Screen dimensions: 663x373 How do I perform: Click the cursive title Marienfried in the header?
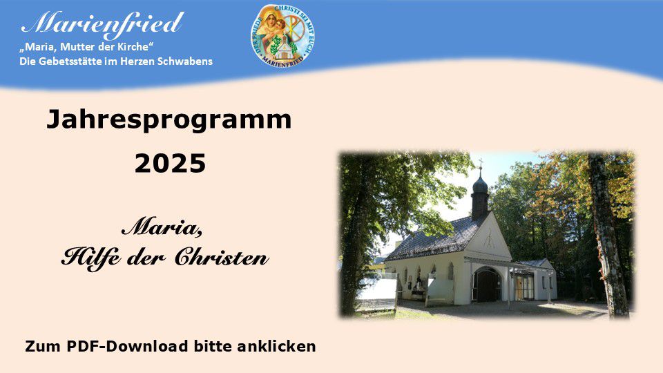tap(103, 24)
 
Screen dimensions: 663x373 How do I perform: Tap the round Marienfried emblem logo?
tap(282, 37)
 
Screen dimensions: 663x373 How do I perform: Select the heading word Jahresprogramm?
tap(169, 119)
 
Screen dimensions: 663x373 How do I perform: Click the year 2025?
tap(170, 164)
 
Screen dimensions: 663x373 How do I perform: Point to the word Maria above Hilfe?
tap(162, 229)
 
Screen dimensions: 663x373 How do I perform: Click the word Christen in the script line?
tap(222, 257)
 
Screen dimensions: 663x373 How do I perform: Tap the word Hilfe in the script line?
tap(91, 258)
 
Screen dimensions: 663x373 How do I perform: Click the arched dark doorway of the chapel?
tap(487, 285)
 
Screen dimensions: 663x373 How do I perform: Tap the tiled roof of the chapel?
tap(436, 238)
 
